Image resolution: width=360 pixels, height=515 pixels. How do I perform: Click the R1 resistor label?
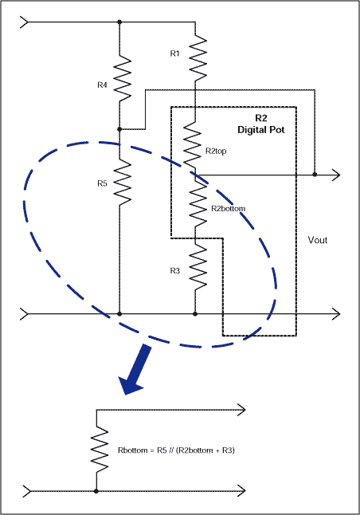click(x=175, y=53)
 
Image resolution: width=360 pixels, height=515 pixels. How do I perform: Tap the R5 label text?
click(x=101, y=183)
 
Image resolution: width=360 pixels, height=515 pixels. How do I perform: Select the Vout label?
click(x=317, y=239)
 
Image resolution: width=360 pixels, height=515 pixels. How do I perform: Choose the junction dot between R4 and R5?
click(x=119, y=128)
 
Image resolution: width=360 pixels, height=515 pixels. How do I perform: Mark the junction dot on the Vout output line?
click(x=315, y=175)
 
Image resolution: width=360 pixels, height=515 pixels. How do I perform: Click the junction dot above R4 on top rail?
click(x=119, y=22)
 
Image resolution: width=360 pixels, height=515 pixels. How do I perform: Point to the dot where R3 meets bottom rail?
click(x=195, y=314)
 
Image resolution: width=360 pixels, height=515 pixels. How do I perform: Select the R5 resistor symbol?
click(x=119, y=180)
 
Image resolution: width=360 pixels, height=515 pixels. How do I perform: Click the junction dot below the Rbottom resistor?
click(x=96, y=491)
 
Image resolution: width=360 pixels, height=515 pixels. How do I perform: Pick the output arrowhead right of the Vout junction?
click(x=338, y=175)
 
